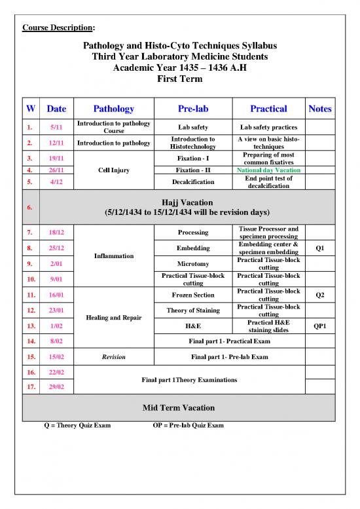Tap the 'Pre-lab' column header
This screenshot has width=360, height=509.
point(193,109)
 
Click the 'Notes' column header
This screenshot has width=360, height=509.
point(319,109)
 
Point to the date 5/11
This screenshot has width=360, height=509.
point(56,127)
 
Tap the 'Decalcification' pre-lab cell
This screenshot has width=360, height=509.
point(193,181)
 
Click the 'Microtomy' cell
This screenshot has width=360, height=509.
point(193,263)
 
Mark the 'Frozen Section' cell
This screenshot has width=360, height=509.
point(193,295)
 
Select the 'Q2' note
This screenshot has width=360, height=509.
point(319,295)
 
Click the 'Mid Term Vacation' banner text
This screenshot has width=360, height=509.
point(179,408)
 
